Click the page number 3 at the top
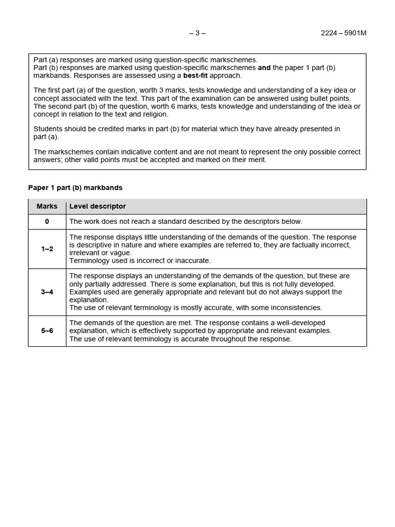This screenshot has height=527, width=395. click(x=197, y=33)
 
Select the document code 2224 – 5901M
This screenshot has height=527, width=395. click(x=343, y=33)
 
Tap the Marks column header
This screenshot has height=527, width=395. click(x=47, y=206)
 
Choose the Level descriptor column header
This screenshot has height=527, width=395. click(x=97, y=206)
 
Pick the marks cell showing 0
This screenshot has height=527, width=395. click(x=47, y=222)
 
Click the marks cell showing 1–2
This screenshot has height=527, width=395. click(x=47, y=249)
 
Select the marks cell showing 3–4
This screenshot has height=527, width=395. click(x=47, y=292)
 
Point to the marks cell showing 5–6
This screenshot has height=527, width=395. click(x=47, y=331)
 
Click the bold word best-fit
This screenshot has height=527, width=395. click(x=198, y=75)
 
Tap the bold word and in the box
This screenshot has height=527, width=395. click(x=264, y=67)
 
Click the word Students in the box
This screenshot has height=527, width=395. click(x=48, y=129)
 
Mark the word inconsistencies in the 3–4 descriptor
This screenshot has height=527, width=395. click(x=297, y=308)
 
